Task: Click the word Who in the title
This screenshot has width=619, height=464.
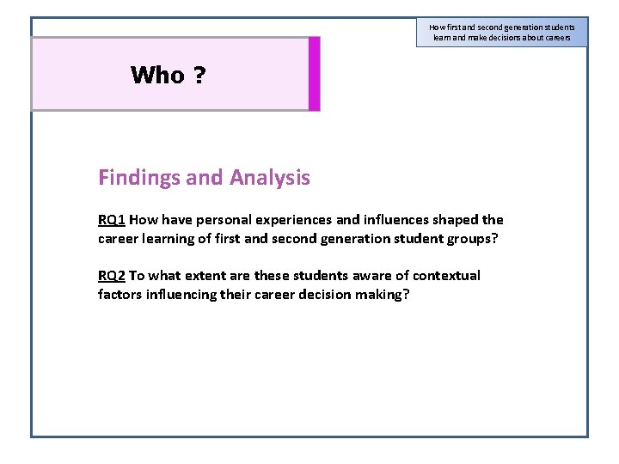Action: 157,76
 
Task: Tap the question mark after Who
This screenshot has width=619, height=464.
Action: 199,76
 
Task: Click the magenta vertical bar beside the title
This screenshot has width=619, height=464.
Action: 314,74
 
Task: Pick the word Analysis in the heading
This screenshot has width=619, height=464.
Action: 270,178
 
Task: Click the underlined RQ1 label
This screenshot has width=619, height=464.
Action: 112,220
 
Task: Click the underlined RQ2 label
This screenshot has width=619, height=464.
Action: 112,276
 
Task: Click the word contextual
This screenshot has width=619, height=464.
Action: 446,276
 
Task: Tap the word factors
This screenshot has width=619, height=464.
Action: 120,295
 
